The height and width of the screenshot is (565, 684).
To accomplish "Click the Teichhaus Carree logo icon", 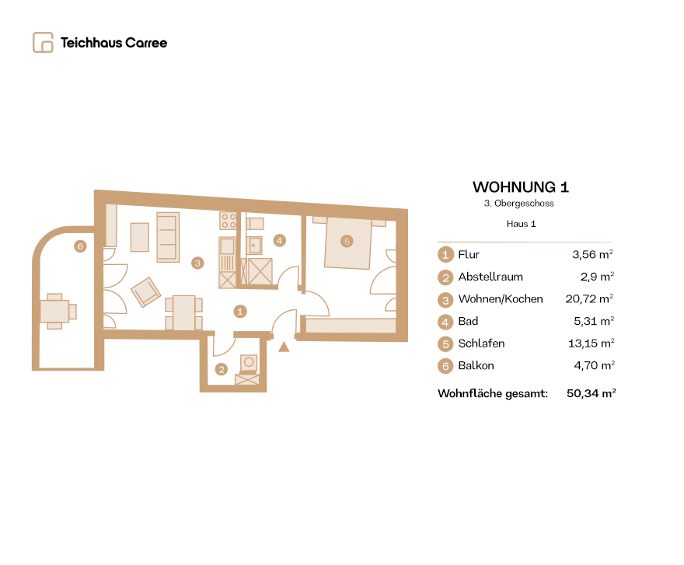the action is click(x=43, y=42).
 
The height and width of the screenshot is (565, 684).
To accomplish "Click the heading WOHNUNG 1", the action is click(x=521, y=187).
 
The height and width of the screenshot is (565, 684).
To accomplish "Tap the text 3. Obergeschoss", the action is click(x=518, y=204).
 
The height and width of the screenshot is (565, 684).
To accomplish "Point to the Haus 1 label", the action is click(x=521, y=224).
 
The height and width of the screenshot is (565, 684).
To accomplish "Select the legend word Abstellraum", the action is click(x=490, y=277).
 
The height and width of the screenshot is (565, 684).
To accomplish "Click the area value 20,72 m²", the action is click(x=589, y=299).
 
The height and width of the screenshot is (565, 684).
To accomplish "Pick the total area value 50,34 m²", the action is click(x=591, y=393).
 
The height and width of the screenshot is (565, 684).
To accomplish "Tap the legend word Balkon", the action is click(x=476, y=365).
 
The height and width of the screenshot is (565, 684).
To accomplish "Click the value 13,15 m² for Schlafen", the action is click(x=591, y=344).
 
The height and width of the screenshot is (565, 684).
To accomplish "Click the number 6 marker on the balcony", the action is click(x=80, y=246).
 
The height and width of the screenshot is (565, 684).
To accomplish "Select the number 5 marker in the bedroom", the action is click(x=347, y=241).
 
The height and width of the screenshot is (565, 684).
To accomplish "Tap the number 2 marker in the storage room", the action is click(x=222, y=369).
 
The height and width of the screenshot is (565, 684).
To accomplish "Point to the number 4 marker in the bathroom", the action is click(x=280, y=240).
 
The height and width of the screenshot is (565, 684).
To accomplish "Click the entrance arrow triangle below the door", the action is click(x=284, y=347).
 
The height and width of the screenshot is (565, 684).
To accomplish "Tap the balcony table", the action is click(x=54, y=311).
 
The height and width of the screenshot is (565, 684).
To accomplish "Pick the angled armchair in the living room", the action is click(x=145, y=292).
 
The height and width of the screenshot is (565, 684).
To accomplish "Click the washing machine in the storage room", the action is click(x=249, y=363).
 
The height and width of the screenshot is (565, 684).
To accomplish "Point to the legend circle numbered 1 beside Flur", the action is click(x=445, y=254).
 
